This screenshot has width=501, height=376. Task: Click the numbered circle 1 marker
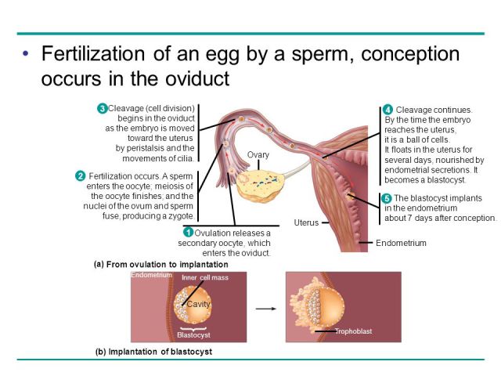point(188,233)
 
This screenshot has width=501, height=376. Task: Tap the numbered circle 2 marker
point(80,175)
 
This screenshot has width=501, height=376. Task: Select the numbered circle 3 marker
point(102,108)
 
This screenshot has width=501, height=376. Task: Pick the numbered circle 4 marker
point(387,110)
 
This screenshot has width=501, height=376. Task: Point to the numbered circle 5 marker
point(387,198)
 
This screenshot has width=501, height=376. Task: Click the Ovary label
point(258,155)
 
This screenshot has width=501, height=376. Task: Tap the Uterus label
point(306,222)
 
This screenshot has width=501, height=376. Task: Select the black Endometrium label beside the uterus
point(401,243)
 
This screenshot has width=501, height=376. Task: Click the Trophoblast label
point(353,331)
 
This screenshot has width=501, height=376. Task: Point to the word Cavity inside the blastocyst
point(198,304)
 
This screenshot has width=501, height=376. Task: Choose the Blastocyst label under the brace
point(193,335)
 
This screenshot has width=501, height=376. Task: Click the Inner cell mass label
point(205,277)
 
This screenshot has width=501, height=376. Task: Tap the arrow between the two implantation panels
point(266,309)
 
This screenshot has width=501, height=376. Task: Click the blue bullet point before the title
point(26,53)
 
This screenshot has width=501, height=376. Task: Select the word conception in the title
point(410,54)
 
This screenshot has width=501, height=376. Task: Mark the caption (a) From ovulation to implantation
point(161,265)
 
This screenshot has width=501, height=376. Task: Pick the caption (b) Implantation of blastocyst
point(153,352)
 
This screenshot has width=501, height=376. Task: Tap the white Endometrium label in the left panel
point(151,275)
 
